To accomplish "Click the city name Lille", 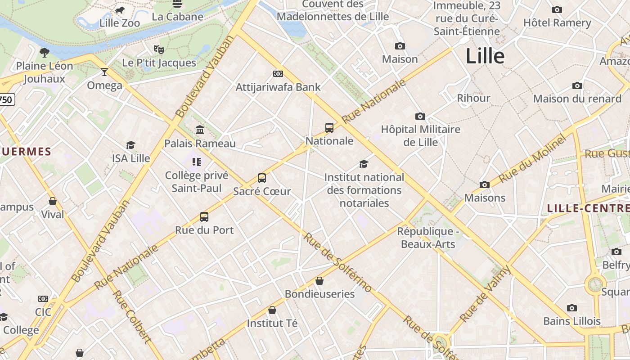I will [x=485, y=56].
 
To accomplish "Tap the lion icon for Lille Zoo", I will [x=119, y=10].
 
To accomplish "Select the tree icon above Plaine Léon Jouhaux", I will [x=44, y=52].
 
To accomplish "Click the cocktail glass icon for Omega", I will [x=104, y=72].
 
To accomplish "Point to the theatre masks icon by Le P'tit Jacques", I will [x=158, y=49].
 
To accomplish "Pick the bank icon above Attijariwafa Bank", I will [x=278, y=74].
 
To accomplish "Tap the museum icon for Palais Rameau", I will [x=200, y=130].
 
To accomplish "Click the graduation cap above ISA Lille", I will [x=130, y=145].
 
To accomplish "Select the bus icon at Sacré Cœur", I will [x=262, y=178].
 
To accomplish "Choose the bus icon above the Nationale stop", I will [x=329, y=127].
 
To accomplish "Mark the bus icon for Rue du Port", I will [x=204, y=217].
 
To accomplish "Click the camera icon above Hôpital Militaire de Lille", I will [x=420, y=116].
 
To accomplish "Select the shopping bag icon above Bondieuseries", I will [x=319, y=281].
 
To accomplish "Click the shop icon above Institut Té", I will [x=272, y=310].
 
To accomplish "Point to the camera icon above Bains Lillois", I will [x=572, y=308].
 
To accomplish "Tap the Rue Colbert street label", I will [x=130, y=317].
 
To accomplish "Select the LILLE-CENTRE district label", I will [x=588, y=208].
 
